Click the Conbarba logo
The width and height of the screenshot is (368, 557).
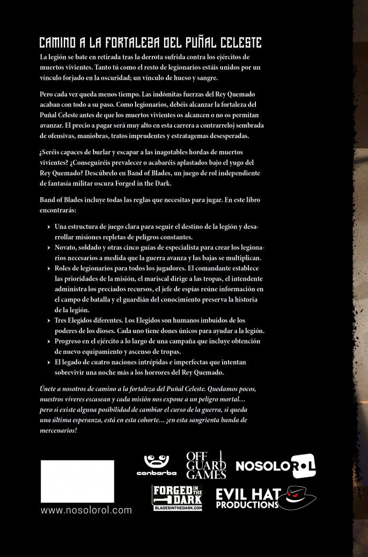[x=157, y=465]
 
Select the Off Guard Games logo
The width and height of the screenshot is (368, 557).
[x=205, y=464]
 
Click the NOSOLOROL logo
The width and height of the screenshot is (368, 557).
[x=276, y=465]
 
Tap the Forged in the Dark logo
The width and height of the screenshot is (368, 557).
[x=177, y=498]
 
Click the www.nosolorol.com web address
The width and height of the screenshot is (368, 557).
[x=86, y=510]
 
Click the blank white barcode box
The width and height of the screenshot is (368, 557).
[x=78, y=481]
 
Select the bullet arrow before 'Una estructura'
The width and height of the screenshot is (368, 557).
[x=49, y=227]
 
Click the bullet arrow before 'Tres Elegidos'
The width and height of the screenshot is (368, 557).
[x=49, y=320]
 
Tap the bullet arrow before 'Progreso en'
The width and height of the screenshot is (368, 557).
[x=49, y=341]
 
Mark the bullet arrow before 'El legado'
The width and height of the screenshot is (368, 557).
[x=49, y=362]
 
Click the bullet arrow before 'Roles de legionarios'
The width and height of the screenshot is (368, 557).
[x=49, y=268]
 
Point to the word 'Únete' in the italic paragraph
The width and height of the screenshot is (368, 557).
[x=50, y=388]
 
